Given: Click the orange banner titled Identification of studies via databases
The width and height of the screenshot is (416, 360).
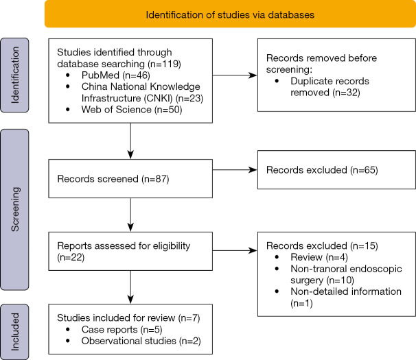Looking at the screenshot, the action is [230, 14].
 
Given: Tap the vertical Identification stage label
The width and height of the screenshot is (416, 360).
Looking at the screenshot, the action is [14, 75].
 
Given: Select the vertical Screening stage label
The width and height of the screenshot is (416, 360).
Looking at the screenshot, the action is [14, 209].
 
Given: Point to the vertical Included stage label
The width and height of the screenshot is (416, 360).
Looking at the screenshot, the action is [14, 332].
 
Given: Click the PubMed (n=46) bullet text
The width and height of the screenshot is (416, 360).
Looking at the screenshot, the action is [116, 75].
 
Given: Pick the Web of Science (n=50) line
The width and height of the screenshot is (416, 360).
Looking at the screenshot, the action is [132, 110].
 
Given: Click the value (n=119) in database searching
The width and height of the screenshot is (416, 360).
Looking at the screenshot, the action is [165, 64].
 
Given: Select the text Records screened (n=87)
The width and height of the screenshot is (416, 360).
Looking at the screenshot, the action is [113, 179].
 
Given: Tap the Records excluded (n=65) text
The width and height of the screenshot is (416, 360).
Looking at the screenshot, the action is [322, 170].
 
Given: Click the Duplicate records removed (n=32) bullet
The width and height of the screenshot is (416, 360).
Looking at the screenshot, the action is [330, 86].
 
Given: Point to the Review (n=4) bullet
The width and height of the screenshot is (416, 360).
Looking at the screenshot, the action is [319, 257].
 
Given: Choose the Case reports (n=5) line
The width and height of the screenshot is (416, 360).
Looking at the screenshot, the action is [122, 330].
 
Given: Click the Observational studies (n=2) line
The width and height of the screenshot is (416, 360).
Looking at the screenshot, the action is [141, 341].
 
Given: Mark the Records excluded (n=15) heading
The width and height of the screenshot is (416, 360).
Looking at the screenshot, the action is [322, 245].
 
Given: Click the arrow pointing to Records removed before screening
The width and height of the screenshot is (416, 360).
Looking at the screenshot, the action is [235, 75].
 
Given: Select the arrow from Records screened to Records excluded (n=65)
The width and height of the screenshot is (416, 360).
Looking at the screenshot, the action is [235, 169].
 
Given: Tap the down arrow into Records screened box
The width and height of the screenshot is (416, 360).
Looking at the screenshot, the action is [130, 141].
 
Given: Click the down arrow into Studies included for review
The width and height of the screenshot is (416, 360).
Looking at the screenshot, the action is [130, 287].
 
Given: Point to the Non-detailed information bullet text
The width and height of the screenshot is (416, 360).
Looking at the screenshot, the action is [346, 297].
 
